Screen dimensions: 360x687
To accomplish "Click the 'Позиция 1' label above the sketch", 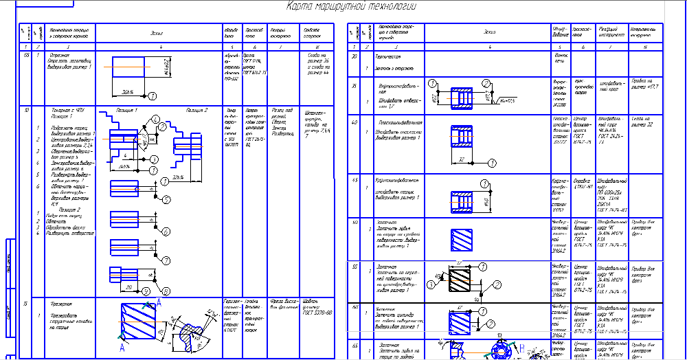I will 126,110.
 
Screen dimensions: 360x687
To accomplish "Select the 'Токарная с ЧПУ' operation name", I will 64,110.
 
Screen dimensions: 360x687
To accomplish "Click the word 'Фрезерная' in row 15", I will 62,303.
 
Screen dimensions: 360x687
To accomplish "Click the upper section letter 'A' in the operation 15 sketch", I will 160,302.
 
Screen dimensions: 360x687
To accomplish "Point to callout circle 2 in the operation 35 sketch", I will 485,83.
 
